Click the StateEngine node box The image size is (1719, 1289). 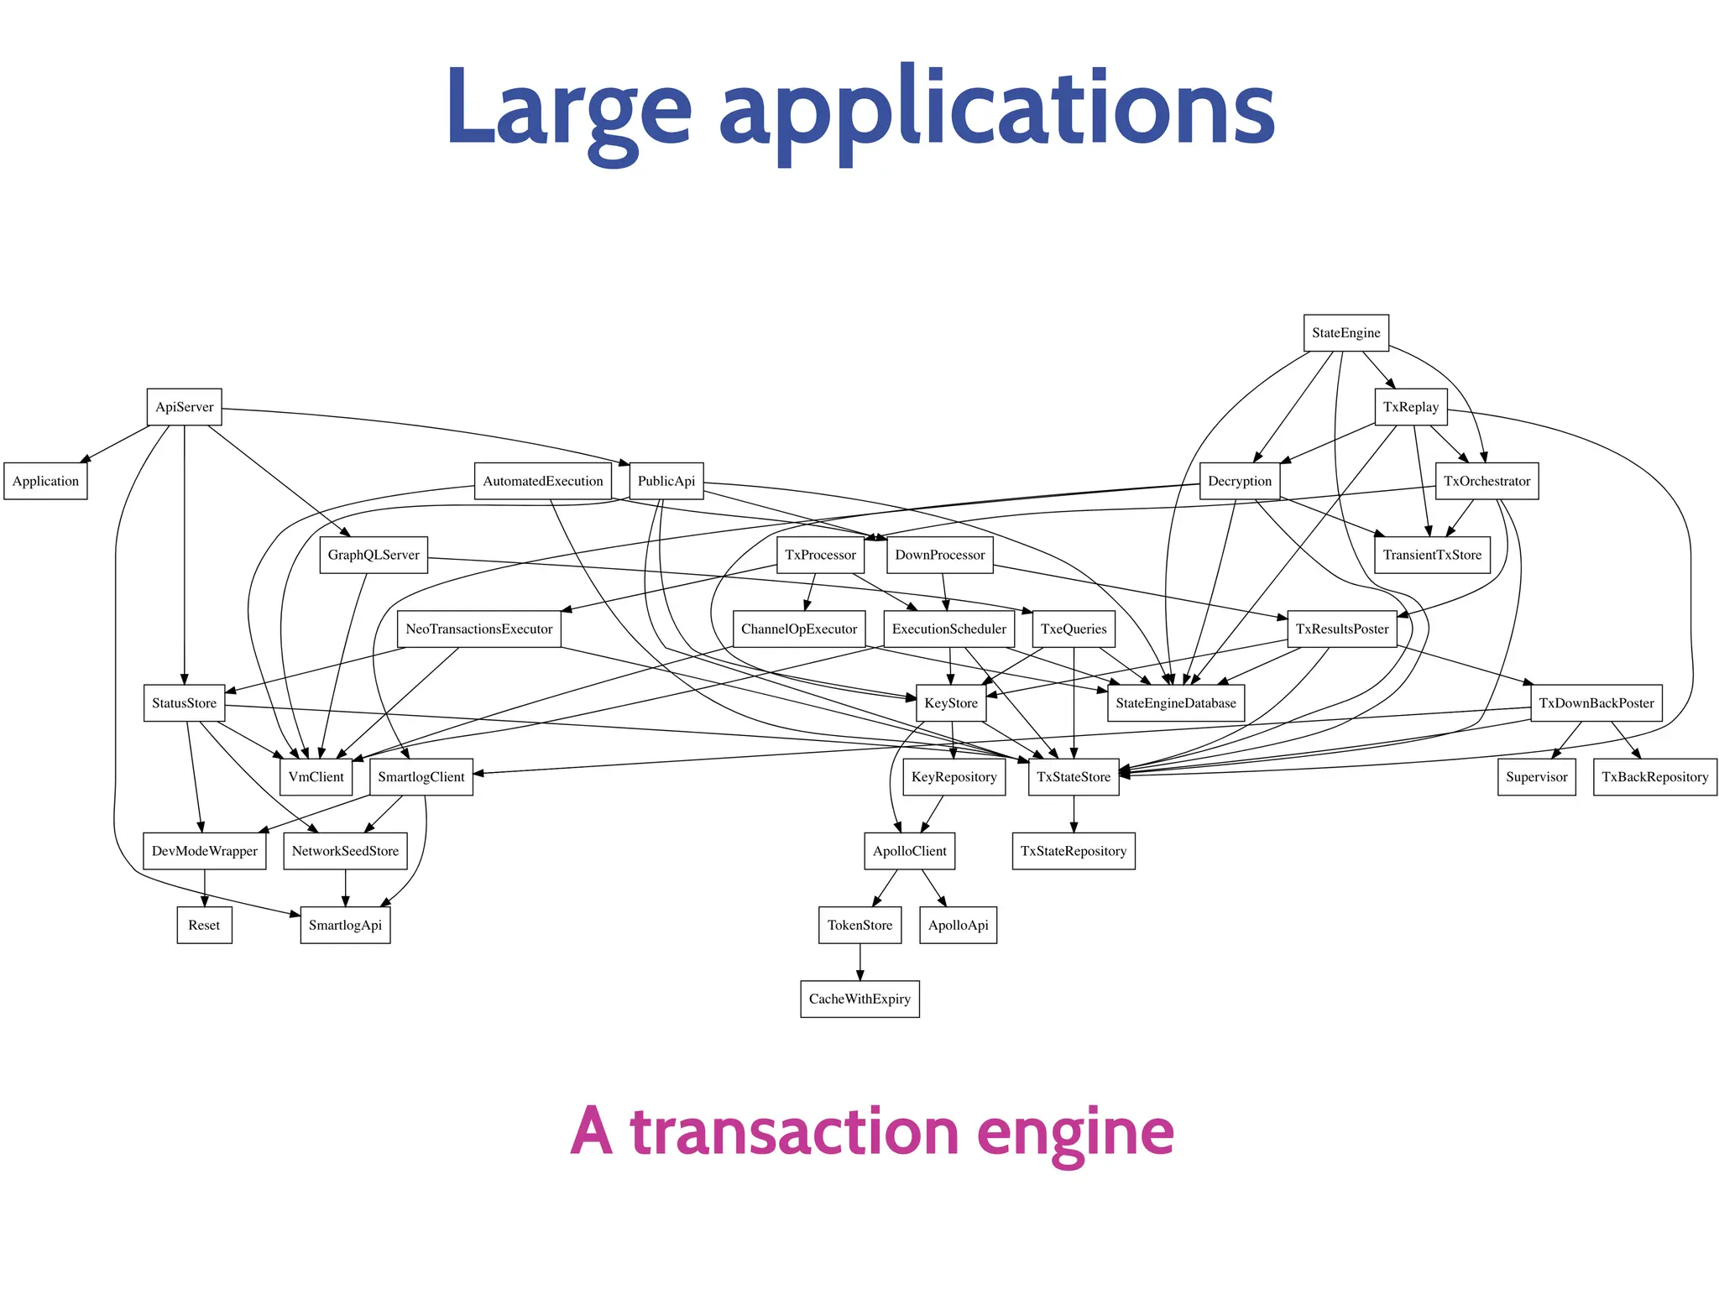pyautogui.click(x=1345, y=333)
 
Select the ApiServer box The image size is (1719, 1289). pyautogui.click(x=184, y=407)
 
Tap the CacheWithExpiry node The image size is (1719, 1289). pyautogui.click(x=859, y=999)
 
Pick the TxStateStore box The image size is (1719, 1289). pyautogui.click(x=1073, y=777)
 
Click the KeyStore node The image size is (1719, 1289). pyautogui.click(x=950, y=703)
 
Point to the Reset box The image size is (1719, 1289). pyautogui.click(x=204, y=925)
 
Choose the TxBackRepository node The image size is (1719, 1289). pyautogui.click(x=1654, y=777)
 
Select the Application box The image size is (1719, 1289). pyautogui.click(x=45, y=481)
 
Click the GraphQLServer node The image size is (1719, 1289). pyautogui.click(x=373, y=555)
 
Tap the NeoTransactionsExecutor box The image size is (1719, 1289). pyautogui.click(x=478, y=629)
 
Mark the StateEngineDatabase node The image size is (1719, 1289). pyautogui.click(x=1175, y=703)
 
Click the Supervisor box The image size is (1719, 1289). pyautogui.click(x=1536, y=777)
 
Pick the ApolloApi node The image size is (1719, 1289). pyautogui.click(x=958, y=925)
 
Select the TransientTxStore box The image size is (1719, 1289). pyautogui.click(x=1432, y=555)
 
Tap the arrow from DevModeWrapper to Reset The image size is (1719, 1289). pyautogui.click(x=205, y=888)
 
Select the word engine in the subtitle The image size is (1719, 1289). pyautogui.click(x=1075, y=1132)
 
